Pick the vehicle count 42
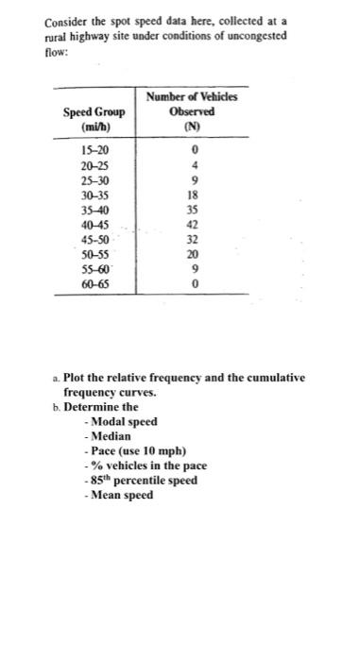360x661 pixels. [193, 227]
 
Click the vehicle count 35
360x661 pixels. [193, 212]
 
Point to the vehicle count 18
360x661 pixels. [193, 195]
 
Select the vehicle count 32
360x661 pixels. [193, 240]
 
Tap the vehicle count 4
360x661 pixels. [193, 164]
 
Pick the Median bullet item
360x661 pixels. [112, 435]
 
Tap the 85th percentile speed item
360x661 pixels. [144, 481]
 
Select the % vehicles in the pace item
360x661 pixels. [147, 466]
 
